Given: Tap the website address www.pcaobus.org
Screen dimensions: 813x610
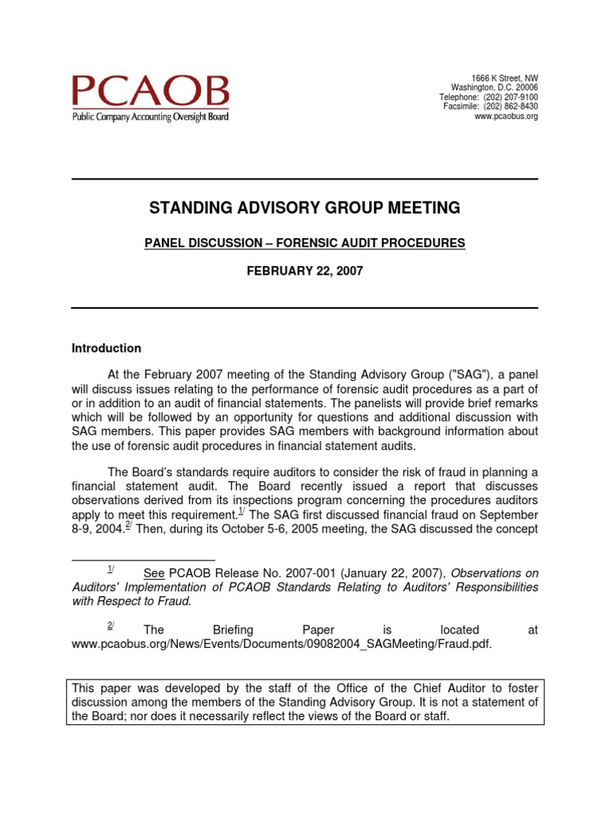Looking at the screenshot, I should point(506,116).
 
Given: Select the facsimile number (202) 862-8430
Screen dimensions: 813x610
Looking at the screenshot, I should point(511,106).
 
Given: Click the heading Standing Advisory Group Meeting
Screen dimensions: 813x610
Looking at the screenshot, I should point(305,208).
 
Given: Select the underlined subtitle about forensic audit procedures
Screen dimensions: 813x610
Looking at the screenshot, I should point(305,244).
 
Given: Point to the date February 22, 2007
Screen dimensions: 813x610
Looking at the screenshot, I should point(305,271).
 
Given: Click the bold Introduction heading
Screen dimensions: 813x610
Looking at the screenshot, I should point(106,348).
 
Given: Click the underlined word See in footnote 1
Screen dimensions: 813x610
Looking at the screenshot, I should point(153,573).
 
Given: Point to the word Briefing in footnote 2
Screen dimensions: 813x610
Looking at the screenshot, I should point(235,630).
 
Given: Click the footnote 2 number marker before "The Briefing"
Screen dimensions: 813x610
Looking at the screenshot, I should point(111,626).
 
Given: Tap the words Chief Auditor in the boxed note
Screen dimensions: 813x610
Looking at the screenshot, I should point(415,688).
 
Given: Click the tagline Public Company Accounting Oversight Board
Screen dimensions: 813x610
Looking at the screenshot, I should point(150,117).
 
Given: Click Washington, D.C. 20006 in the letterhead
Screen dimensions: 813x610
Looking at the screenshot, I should point(494,87).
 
